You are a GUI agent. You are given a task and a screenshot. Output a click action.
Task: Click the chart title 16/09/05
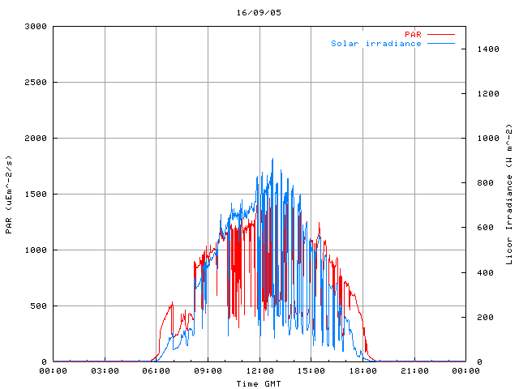[259, 13]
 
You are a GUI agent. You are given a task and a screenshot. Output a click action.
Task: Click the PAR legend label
[413, 34]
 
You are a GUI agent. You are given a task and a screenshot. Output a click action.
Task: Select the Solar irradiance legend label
[375, 44]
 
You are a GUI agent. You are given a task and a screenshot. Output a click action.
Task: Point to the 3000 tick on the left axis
[35, 27]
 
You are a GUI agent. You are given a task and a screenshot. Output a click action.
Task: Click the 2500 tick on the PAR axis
[35, 83]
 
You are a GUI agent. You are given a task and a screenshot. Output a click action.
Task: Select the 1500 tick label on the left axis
[35, 194]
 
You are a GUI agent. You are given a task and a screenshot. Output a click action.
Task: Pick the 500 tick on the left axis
[37, 306]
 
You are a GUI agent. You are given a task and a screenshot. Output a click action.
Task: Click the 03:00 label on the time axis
[105, 371]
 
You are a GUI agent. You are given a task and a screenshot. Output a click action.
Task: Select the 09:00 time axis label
[208, 371]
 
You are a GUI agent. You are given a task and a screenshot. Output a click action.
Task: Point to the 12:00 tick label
[259, 371]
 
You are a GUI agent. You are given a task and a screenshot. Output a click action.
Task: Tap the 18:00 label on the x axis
[362, 371]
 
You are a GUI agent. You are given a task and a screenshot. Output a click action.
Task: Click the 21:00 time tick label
[414, 371]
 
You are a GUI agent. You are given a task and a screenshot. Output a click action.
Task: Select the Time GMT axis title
[259, 383]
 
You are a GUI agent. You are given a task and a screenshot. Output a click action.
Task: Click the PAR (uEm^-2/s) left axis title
[9, 194]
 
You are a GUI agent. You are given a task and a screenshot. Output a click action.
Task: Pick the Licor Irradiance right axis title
[509, 194]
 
